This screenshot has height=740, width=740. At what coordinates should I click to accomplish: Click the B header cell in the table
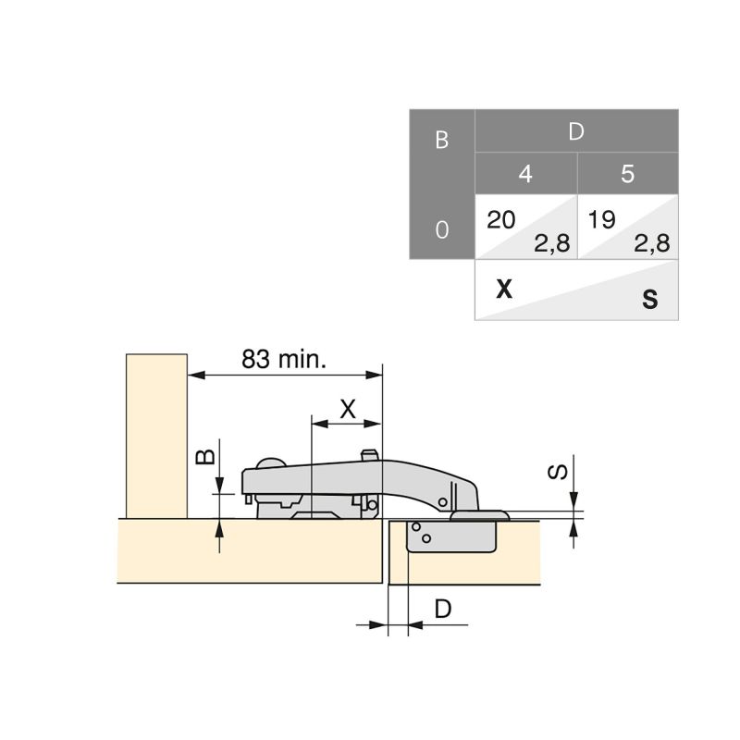tap(441, 139)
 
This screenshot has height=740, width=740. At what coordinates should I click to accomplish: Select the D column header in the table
tap(576, 131)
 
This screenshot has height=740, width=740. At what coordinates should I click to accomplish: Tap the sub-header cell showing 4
tap(525, 174)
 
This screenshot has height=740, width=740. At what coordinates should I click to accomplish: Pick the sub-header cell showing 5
tap(627, 174)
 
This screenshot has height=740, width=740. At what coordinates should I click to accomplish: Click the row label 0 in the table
tap(441, 228)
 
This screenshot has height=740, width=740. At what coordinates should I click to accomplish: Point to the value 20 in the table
tap(501, 219)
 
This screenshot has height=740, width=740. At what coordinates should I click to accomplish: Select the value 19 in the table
tap(602, 219)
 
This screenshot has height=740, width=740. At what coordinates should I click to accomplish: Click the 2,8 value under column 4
tap(551, 244)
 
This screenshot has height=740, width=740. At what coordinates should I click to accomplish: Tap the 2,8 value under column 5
tap(651, 244)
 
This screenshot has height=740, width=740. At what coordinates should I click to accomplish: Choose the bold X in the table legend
tap(503, 290)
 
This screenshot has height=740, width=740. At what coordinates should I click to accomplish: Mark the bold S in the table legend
tap(650, 300)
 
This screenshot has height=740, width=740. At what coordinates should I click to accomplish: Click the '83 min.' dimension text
tap(284, 359)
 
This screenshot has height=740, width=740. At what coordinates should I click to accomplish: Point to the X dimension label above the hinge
tap(348, 408)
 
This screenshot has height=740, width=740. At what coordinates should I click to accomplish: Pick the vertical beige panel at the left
tap(156, 435)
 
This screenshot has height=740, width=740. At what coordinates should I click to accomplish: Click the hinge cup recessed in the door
tap(453, 536)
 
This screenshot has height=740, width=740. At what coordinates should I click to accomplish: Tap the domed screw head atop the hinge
tap(271, 464)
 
